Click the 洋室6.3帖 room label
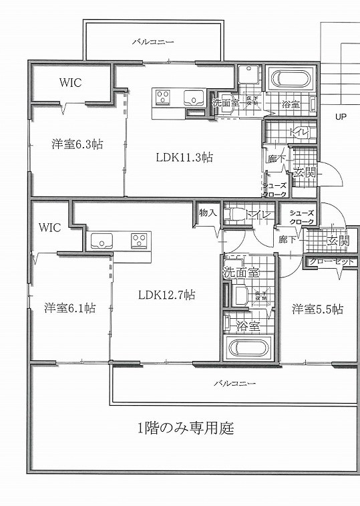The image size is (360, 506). click(78, 144)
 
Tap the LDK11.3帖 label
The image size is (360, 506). click(184, 158)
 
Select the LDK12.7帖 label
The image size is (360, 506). click(166, 294)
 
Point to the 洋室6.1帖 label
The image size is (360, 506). click(69, 308)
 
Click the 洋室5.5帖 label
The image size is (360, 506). click(317, 309)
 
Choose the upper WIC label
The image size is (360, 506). click(70, 84)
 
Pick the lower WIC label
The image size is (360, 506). click(49, 227)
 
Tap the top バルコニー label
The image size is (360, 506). click(153, 41)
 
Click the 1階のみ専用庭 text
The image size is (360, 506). click(186, 428)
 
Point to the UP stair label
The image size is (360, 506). click(341, 116)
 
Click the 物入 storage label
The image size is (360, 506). click(208, 213)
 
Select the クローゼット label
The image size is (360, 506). click(331, 261)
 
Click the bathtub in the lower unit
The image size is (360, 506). click(248, 348)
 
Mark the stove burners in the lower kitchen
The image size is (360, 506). click(139, 239)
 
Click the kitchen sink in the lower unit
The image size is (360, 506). click(102, 240)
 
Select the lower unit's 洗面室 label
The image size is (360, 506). click(240, 273)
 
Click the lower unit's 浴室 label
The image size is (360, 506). click(248, 326)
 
